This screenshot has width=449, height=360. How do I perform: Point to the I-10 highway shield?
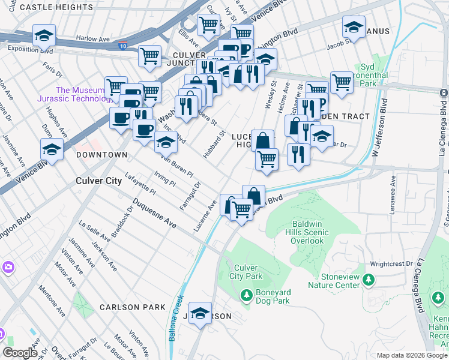pyautogui.click(x=122, y=45)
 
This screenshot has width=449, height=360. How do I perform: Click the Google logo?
pyautogui.click(x=20, y=353)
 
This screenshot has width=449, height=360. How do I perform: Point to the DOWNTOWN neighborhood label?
pyautogui.click(x=102, y=155)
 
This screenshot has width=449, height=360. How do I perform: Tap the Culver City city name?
pyautogui.click(x=98, y=180)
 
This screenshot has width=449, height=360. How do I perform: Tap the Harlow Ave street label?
pyautogui.click(x=93, y=38)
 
